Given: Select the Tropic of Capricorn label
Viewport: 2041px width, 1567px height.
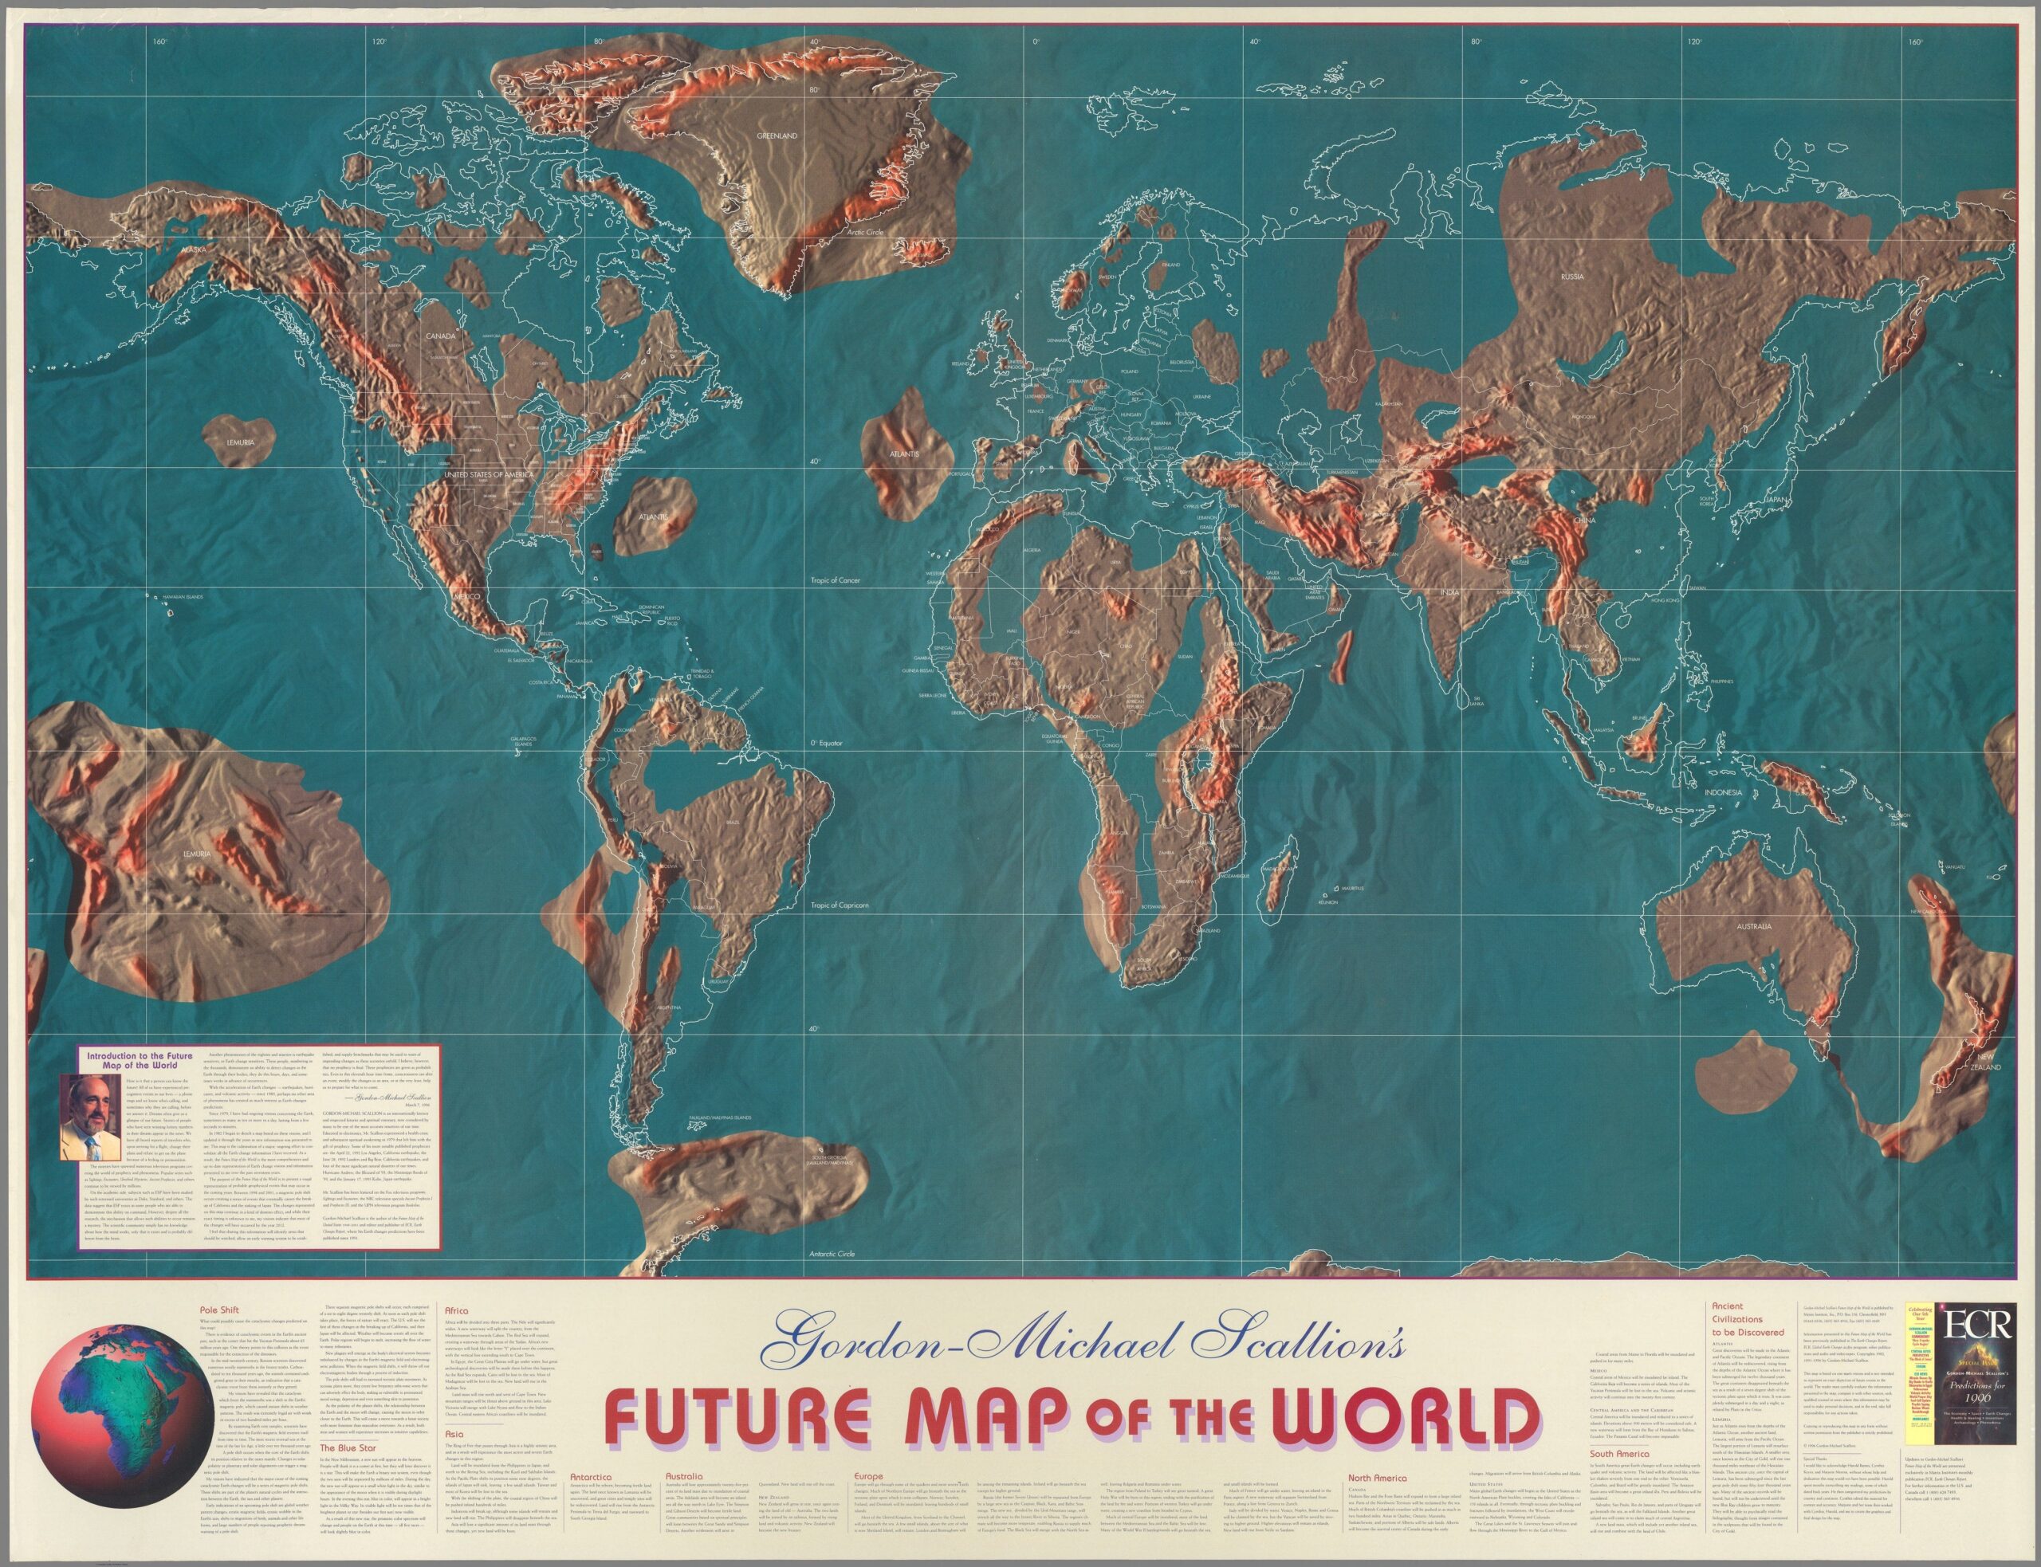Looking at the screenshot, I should click(840, 905).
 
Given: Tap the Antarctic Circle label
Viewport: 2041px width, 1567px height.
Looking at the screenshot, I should click(832, 1254).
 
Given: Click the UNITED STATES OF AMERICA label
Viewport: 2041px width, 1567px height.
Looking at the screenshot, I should click(488, 475).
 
